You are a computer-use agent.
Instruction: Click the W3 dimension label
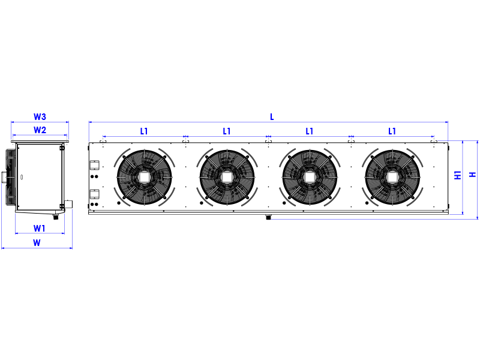[x=40, y=116]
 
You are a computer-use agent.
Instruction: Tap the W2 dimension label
[x=40, y=130]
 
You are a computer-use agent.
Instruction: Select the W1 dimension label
[x=40, y=228]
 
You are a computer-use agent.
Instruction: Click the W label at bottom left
[x=37, y=243]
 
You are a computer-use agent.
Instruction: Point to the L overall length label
[x=272, y=117]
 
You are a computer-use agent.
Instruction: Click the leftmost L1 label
[x=144, y=131]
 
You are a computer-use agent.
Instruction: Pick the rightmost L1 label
[x=392, y=131]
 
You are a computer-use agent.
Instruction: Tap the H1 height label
[x=458, y=175]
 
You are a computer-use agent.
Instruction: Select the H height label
[x=473, y=175]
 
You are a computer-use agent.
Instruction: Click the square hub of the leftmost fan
[x=144, y=177]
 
